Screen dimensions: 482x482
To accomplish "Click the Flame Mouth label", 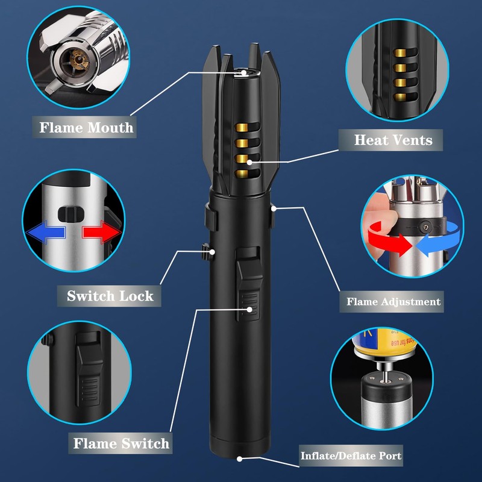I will point(86,128).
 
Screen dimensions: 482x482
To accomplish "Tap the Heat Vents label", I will point(393,140).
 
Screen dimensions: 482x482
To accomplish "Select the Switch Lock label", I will point(110,296).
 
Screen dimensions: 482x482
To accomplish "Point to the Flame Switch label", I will point(121,444).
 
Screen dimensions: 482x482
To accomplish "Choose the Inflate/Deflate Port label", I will point(351,455).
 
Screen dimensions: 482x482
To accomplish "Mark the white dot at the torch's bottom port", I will point(239,459).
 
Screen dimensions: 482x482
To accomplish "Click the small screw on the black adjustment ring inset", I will point(426,228).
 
